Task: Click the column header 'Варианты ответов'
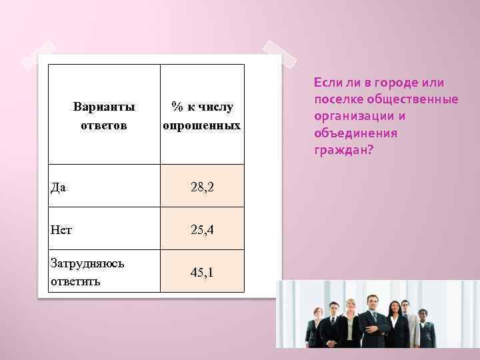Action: (104, 115)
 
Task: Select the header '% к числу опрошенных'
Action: (202, 115)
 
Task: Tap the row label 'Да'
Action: (59, 187)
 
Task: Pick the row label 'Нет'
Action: (61, 230)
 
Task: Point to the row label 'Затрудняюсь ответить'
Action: (87, 272)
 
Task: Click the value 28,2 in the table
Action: (202, 187)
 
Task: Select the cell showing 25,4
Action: (202, 230)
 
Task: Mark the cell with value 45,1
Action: (202, 272)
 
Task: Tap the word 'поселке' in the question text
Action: (337, 99)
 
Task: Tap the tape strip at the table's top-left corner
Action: (39, 57)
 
